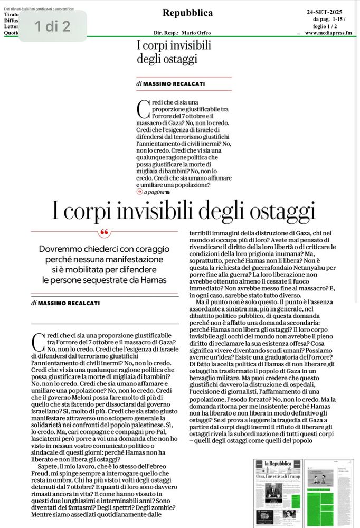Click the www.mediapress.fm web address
pyautogui.click(x=328, y=33)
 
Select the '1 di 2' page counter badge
pyautogui.click(x=53, y=26)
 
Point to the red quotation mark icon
pyautogui.click(x=105, y=233)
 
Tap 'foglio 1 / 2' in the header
pyautogui.click(x=327, y=26)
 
